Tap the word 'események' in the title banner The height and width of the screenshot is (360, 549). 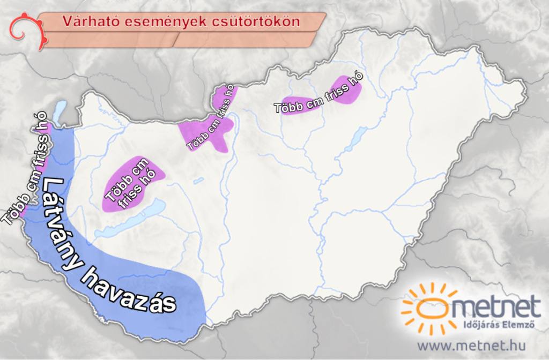[150, 21]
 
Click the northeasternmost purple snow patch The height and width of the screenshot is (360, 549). [346, 90]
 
